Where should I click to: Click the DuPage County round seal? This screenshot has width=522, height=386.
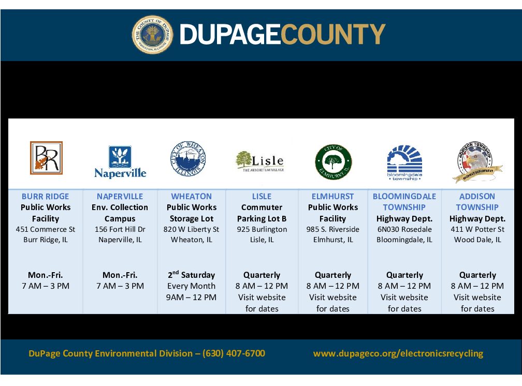coord(152,35)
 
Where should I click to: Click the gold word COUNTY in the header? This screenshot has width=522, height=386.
coord(333,34)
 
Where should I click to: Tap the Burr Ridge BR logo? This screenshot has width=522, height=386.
coord(46,158)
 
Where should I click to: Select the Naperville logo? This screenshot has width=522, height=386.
coord(120,162)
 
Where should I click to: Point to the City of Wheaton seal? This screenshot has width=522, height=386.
coord(188,158)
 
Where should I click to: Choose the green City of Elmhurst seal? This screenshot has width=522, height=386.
coord(334,162)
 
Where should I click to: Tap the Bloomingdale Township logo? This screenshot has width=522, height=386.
coord(404,162)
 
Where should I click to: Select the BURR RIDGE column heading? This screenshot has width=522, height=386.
coord(45,196)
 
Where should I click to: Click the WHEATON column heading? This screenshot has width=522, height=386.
coord(192,196)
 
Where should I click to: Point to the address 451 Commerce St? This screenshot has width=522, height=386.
coord(46,229)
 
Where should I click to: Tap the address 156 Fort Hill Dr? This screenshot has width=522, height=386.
coord(120,229)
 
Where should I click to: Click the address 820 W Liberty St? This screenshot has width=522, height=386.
coord(192,229)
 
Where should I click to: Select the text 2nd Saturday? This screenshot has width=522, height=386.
coord(192,275)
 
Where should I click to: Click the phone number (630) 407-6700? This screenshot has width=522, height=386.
coord(234,353)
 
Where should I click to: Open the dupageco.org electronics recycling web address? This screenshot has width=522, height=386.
coord(398,353)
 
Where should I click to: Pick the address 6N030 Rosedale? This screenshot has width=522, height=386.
coord(404,229)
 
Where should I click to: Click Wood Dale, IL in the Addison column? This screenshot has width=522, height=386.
coord(477,240)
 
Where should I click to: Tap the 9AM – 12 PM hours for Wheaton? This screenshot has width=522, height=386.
coord(192,297)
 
